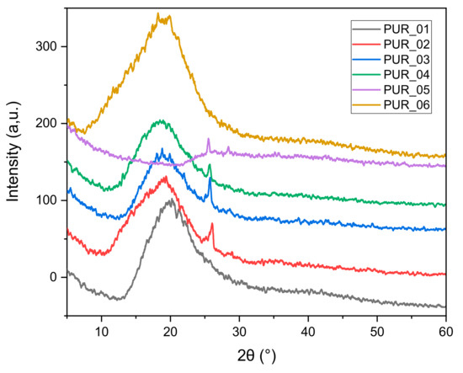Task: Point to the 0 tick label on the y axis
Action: (54, 277)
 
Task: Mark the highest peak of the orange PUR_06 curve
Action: (158, 14)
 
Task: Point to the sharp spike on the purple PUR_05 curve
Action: (208, 139)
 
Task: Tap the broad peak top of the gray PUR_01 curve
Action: (171, 200)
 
